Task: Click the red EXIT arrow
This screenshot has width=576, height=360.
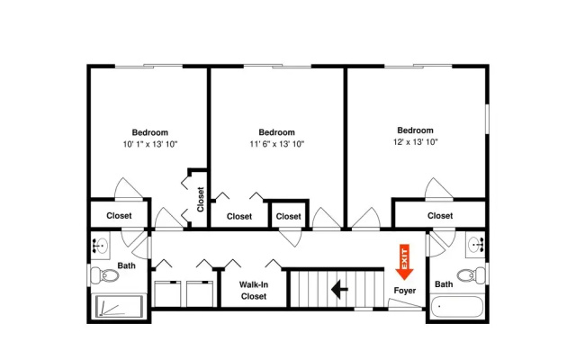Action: pos(404,262)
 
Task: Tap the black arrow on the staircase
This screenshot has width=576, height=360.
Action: pos(339,289)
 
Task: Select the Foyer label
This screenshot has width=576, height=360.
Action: pos(405,291)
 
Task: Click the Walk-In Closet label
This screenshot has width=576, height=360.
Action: pos(254,290)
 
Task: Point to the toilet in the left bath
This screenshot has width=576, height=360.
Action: pos(104,274)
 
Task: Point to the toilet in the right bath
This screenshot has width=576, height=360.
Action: pos(471,274)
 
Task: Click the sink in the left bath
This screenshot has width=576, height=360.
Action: pos(100,245)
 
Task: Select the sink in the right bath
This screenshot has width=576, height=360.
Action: pos(476,244)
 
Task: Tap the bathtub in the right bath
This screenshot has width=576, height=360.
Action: pos(457,307)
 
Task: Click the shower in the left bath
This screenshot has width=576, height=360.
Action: pos(119,306)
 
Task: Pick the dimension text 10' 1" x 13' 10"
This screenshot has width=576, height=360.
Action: pos(150,144)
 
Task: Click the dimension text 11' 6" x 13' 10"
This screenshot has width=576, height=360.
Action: pos(276,144)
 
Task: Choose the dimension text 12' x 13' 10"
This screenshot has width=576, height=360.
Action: pos(415,142)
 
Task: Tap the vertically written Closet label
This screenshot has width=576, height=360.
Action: pos(200,200)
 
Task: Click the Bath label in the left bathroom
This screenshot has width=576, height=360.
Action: pos(126,265)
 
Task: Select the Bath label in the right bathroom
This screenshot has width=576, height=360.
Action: pos(444,284)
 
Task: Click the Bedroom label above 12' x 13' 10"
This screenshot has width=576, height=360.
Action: pos(415,130)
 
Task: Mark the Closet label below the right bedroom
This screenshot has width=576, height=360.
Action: pos(440,216)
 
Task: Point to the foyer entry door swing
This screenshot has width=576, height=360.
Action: pos(405,304)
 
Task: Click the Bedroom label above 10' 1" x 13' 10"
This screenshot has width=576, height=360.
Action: pos(150,132)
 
